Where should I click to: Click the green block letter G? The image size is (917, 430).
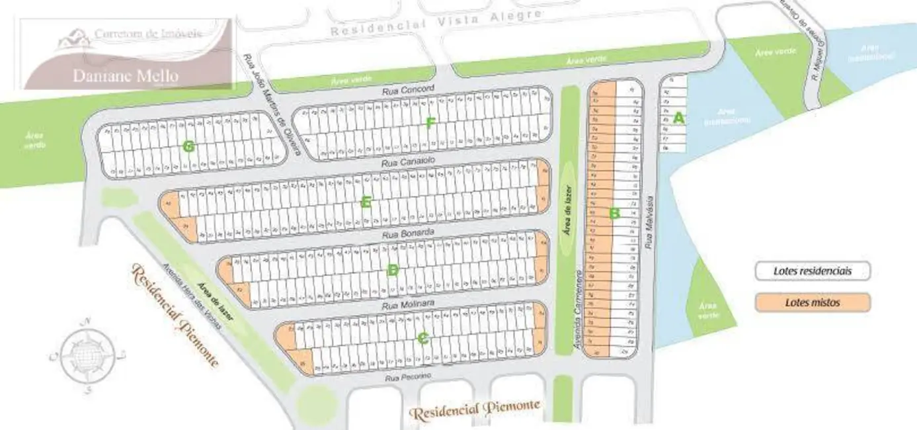click(x=188, y=147)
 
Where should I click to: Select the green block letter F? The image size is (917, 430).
click(x=430, y=122)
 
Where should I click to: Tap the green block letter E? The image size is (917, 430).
click(x=366, y=202)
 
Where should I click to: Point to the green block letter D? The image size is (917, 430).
click(x=393, y=269)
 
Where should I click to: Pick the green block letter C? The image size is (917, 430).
click(x=423, y=338)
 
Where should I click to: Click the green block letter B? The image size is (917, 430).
click(x=614, y=213)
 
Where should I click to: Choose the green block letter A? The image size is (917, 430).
click(x=677, y=118)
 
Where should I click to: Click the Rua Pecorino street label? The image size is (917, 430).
click(x=409, y=376)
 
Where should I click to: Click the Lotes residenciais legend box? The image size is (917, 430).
click(x=813, y=271)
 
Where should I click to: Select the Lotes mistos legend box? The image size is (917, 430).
click(x=813, y=302)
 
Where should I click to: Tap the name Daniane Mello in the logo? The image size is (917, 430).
click(x=125, y=75)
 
